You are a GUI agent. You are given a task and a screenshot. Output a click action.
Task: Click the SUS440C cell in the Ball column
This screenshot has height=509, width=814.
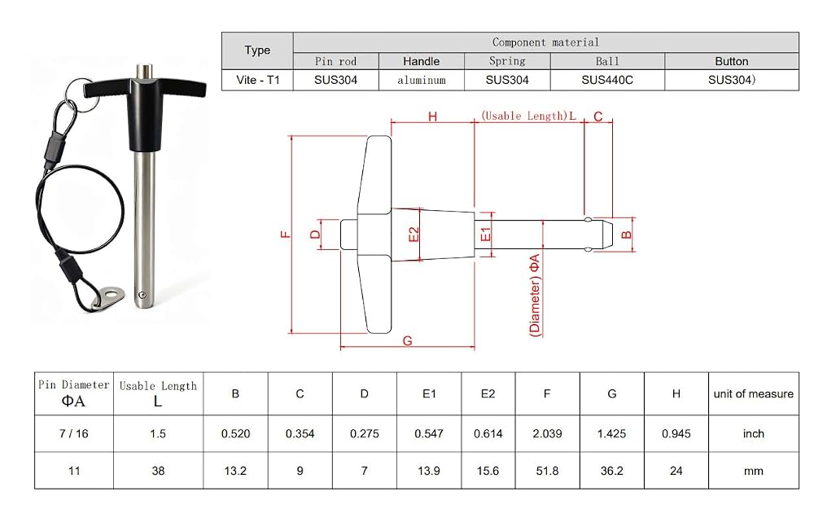pos(607,80)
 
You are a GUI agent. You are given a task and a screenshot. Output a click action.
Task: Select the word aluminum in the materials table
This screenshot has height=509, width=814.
pos(422,80)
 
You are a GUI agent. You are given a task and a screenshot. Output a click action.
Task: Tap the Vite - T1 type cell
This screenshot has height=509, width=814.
pos(257,80)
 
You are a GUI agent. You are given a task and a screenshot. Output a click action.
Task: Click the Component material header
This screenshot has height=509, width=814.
pos(545,42)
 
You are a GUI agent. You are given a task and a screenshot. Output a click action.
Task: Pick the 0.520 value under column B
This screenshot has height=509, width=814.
pos(235,434)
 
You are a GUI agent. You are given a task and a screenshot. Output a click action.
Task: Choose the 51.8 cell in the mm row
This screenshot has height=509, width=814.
pos(547,471)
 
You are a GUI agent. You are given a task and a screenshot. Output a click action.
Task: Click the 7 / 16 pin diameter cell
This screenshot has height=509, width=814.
pos(74,434)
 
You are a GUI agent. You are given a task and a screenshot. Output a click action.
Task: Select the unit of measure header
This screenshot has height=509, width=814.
pos(753,393)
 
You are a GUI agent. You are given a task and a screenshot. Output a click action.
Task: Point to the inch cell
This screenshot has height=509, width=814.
pos(753,434)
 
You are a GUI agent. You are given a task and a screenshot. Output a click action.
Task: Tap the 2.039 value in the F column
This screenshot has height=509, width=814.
pos(547,434)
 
